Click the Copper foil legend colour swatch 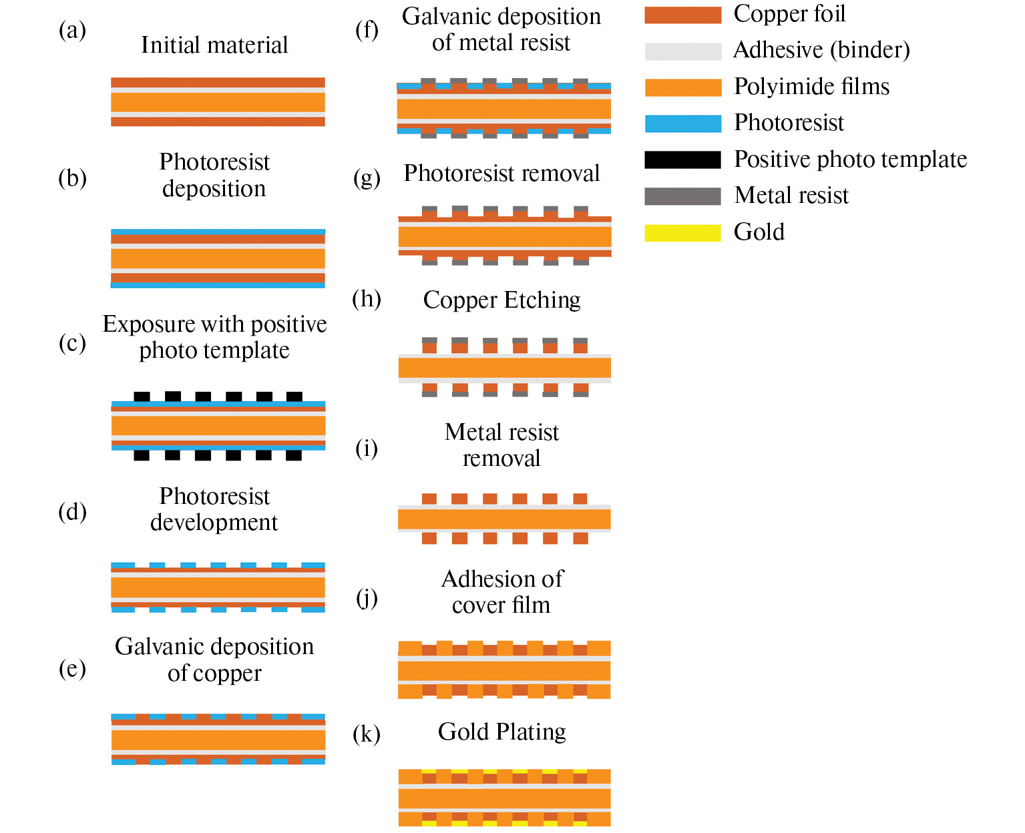(x=682, y=15)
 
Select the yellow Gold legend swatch (x=682, y=233)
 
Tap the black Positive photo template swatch (x=682, y=160)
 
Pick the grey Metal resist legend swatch (x=682, y=196)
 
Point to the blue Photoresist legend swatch (x=682, y=123)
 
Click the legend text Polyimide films (x=811, y=87)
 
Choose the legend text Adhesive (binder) (x=821, y=50)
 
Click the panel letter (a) (x=72, y=30)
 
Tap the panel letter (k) (x=367, y=734)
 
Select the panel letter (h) (x=367, y=299)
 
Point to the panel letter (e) (x=72, y=668)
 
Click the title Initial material (x=214, y=45)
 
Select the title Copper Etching (x=501, y=300)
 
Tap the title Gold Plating (x=501, y=732)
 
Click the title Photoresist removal (x=501, y=174)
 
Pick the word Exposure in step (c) (x=149, y=324)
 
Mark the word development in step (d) (x=214, y=523)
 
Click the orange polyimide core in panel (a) (x=218, y=102)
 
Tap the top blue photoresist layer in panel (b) (x=218, y=232)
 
